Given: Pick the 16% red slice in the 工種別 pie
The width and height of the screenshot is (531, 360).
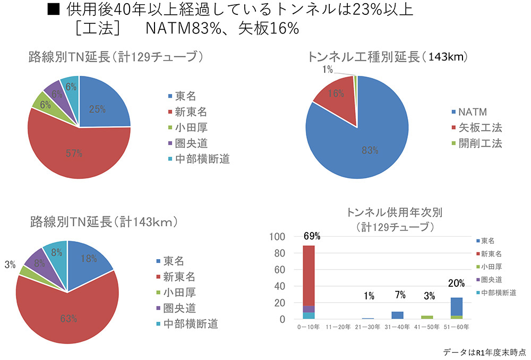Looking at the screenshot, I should (x=336, y=94).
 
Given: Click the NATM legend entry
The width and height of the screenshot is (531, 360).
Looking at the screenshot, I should (x=472, y=112).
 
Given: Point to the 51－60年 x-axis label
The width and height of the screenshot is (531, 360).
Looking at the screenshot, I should (x=455, y=327).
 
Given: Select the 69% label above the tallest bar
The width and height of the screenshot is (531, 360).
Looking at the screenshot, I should (x=312, y=236).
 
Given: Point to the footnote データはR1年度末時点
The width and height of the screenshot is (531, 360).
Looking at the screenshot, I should (x=484, y=352).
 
